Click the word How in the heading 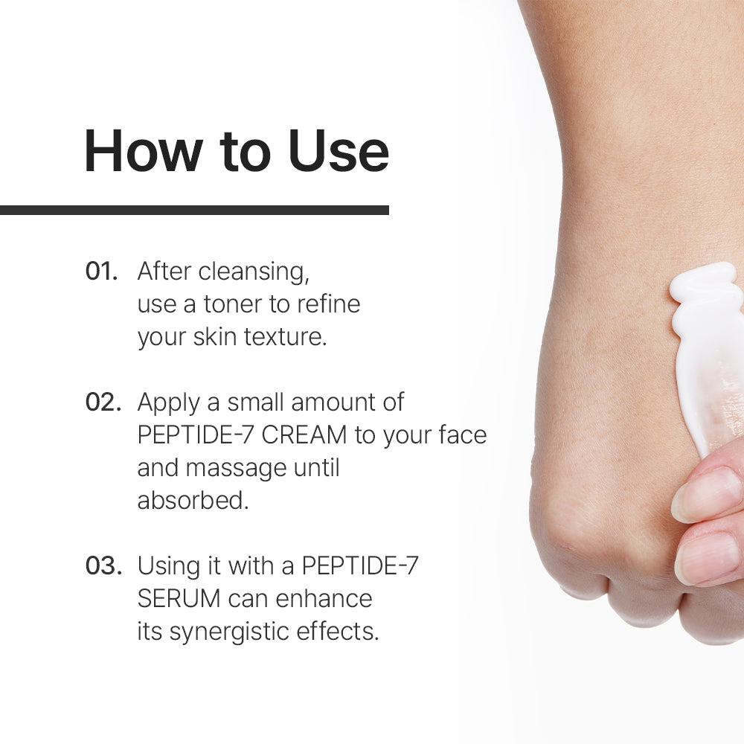click(144, 151)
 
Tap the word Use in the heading click(339, 151)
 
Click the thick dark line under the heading click(194, 211)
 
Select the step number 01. click(101, 272)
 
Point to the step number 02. click(103, 403)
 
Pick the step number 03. click(103, 566)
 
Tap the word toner click(232, 304)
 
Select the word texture click(285, 337)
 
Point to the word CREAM click(304, 435)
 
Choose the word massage click(237, 469)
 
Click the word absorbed click(193, 501)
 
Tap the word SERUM click(179, 599)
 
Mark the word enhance click(324, 599)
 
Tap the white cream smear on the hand click(707, 351)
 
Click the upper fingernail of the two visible click(707, 493)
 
